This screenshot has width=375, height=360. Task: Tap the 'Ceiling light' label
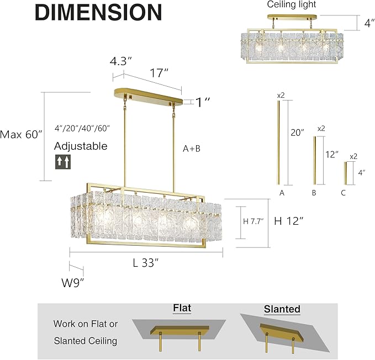288,5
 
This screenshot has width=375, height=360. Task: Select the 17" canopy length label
159,72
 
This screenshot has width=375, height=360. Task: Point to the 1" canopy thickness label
203,102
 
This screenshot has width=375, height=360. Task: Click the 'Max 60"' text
21,134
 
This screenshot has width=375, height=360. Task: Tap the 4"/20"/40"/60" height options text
83,128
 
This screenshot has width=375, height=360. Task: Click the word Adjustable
81,147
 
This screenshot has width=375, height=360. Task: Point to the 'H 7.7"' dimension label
253,221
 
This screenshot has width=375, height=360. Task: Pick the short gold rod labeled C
346,173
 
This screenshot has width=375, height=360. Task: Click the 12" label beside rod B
331,155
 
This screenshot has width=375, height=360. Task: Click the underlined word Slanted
282,309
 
